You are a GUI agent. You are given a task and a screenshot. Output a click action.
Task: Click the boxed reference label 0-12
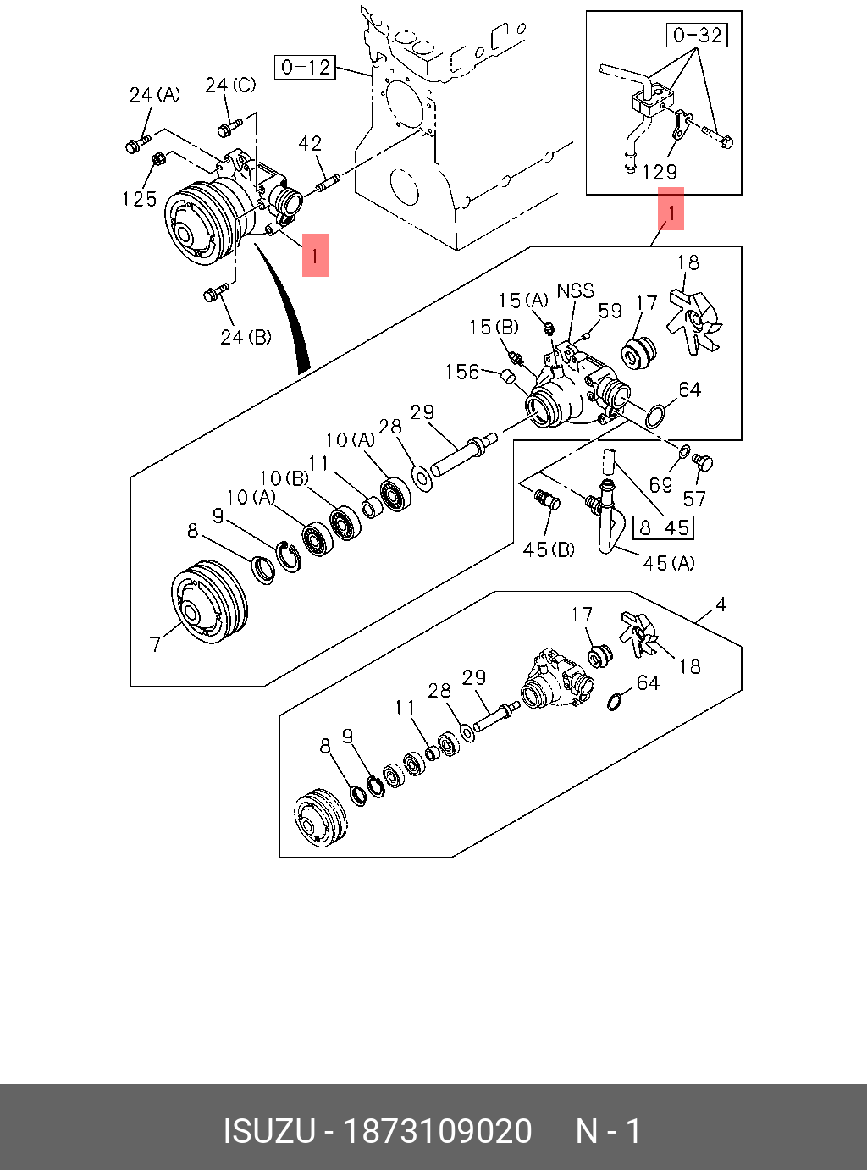305,67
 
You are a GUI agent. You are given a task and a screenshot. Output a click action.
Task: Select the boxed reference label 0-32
698,35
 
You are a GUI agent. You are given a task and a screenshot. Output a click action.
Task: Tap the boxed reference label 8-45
664,527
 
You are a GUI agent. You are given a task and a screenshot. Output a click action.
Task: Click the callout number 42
310,144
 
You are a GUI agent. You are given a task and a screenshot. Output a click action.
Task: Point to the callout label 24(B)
246,337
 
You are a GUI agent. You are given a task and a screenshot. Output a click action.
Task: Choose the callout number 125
140,199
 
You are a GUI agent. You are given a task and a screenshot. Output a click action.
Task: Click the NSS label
575,290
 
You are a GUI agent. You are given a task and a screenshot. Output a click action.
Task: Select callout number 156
462,372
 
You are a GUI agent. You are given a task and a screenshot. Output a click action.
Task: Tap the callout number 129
660,172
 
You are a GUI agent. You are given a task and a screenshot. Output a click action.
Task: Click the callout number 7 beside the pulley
155,644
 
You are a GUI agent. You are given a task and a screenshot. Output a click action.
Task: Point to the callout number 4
721,604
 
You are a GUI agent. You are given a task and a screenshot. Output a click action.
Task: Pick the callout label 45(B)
549,549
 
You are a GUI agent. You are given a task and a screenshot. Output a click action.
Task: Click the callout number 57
694,499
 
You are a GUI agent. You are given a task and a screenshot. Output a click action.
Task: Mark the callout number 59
610,311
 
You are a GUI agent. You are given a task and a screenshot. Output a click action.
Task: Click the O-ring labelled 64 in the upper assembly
654,416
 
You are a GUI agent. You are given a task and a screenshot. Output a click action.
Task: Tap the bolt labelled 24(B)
214,294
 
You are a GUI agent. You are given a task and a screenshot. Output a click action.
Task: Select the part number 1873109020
437,1131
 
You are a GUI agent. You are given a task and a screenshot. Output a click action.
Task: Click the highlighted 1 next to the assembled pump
315,255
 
